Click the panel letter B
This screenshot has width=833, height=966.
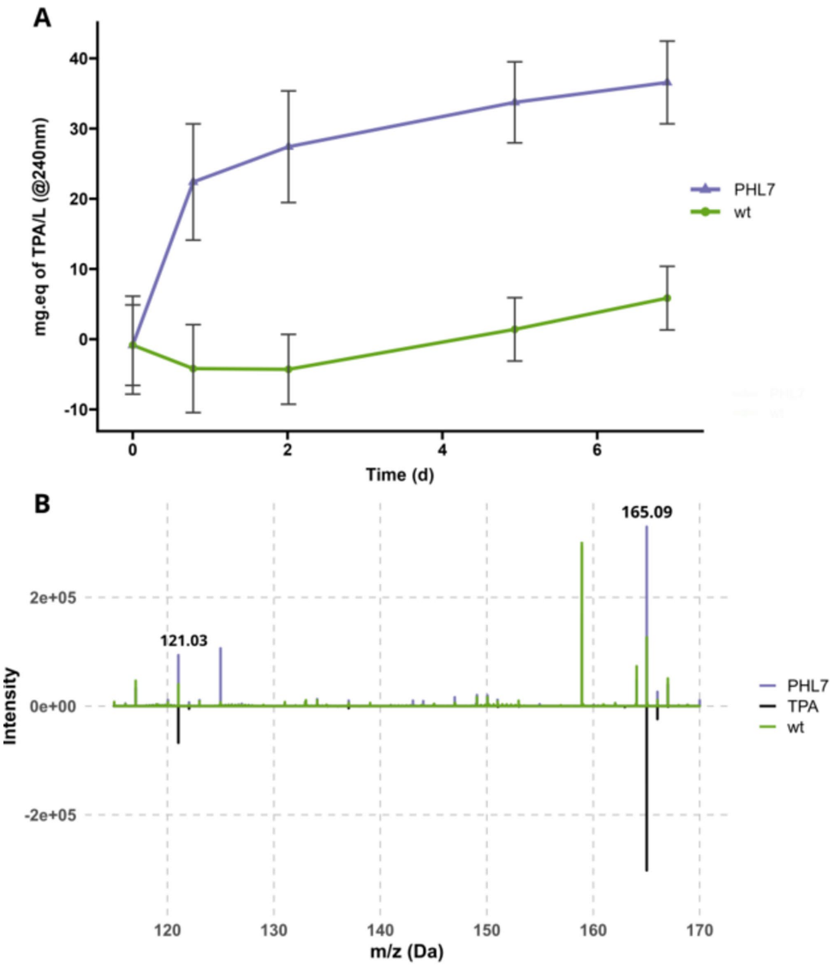[x=42, y=504]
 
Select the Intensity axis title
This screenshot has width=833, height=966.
[x=15, y=706]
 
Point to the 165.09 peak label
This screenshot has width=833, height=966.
[x=646, y=514]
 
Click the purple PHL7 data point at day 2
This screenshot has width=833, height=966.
[x=288, y=146]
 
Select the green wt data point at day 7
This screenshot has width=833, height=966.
[x=667, y=298]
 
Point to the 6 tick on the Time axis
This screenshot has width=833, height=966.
[x=597, y=450]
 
